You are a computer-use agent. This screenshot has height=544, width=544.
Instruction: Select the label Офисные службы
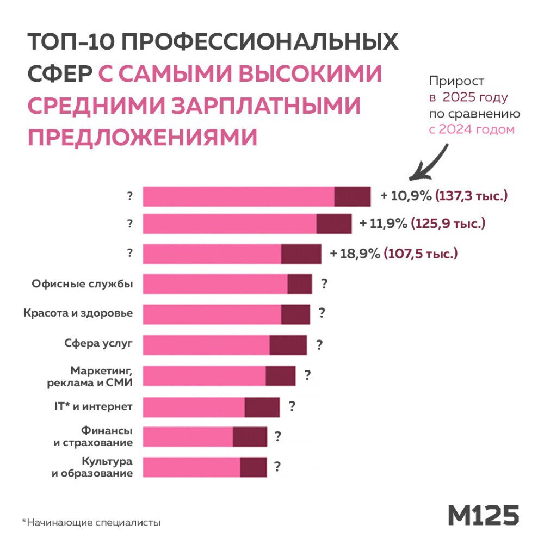pos(82,283)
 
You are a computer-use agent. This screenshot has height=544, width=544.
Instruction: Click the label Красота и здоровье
pos(78,313)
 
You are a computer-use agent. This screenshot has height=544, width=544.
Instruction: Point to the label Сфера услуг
pos(95,343)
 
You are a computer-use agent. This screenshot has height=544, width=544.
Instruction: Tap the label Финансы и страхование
pos(93,436)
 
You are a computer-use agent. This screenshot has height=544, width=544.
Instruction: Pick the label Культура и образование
pos(92,467)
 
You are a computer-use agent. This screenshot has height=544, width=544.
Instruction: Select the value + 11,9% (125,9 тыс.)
pos(422,223)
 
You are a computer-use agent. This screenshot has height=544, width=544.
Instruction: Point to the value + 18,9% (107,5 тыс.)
pos(394,254)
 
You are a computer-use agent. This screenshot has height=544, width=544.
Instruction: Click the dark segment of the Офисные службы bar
pos(300,284)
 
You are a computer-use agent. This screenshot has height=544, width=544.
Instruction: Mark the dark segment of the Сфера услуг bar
pos(288,345)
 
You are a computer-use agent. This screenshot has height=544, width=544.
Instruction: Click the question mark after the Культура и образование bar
pos(277,467)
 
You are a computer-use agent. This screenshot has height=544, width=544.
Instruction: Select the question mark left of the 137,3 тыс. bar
pos(129,196)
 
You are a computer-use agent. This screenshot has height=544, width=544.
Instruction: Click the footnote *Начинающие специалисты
pos(91,523)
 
